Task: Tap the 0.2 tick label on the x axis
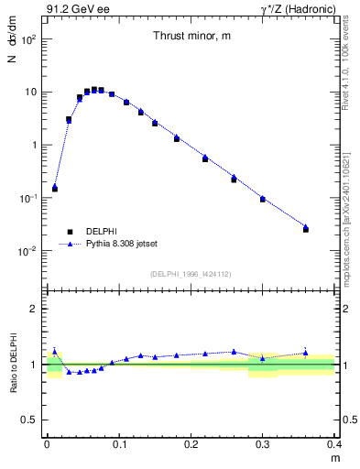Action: click(191, 444)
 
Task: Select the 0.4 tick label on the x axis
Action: click(333, 444)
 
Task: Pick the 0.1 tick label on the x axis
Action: click(118, 444)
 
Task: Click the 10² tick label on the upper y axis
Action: click(29, 40)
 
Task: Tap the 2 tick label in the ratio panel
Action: click(35, 309)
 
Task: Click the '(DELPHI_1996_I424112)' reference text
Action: click(190, 273)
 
